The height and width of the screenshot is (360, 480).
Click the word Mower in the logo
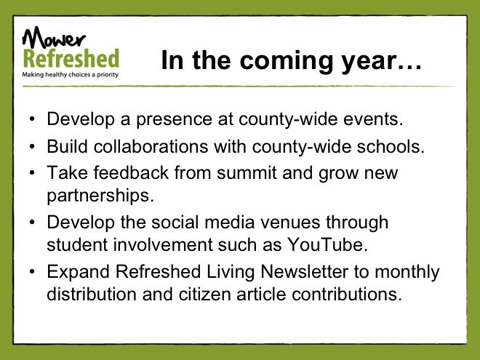click(54, 37)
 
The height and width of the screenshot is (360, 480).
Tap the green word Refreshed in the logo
click(71, 58)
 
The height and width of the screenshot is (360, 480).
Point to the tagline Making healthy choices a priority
click(70, 75)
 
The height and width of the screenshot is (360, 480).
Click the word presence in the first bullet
click(174, 120)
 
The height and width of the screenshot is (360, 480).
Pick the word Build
click(68, 146)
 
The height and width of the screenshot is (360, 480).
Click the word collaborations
click(151, 146)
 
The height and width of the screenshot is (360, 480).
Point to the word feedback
click(131, 172)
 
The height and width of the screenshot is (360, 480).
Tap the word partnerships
click(100, 196)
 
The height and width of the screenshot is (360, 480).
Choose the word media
click(229, 222)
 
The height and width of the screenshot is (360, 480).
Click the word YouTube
click(327, 244)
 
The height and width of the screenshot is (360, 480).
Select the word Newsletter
click(304, 271)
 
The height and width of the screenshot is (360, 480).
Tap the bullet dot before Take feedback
click(32, 173)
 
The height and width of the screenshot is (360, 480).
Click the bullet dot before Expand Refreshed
click(32, 272)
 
